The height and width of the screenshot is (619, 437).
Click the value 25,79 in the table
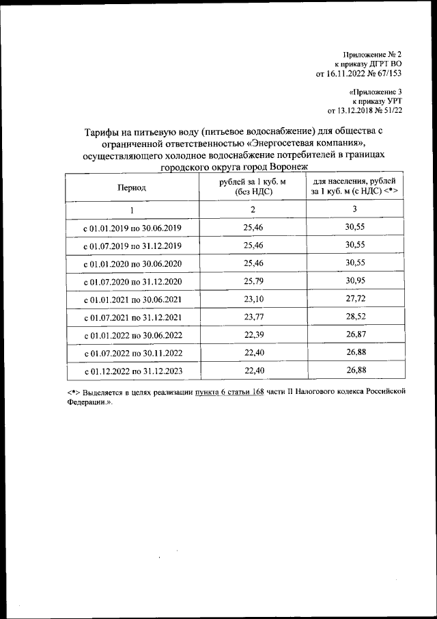point(253,281)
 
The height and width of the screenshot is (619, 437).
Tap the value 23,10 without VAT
point(253,299)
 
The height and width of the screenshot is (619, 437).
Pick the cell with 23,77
point(253,317)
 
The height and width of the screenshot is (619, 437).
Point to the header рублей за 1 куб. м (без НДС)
point(253,187)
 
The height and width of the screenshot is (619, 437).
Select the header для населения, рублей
point(354,182)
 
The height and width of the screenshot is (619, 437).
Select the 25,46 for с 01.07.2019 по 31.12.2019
point(253,245)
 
